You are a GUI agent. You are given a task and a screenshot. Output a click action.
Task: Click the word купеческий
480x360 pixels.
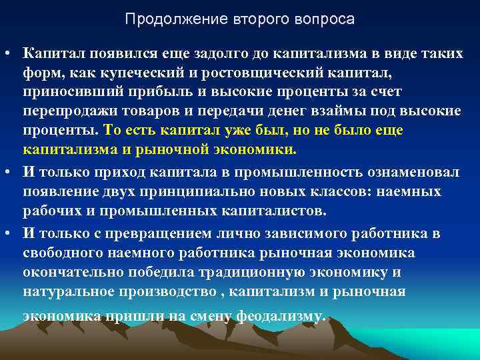[127, 72]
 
